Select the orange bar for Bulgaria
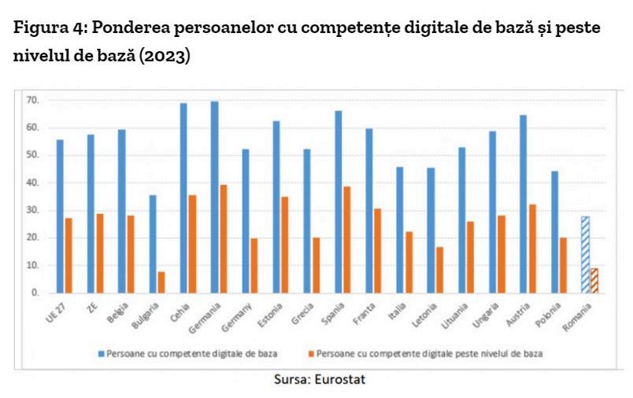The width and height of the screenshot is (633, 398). (161, 282)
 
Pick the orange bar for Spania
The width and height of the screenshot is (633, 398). (347, 240)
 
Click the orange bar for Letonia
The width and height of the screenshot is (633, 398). (439, 270)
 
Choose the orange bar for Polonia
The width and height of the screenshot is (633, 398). (563, 265)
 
